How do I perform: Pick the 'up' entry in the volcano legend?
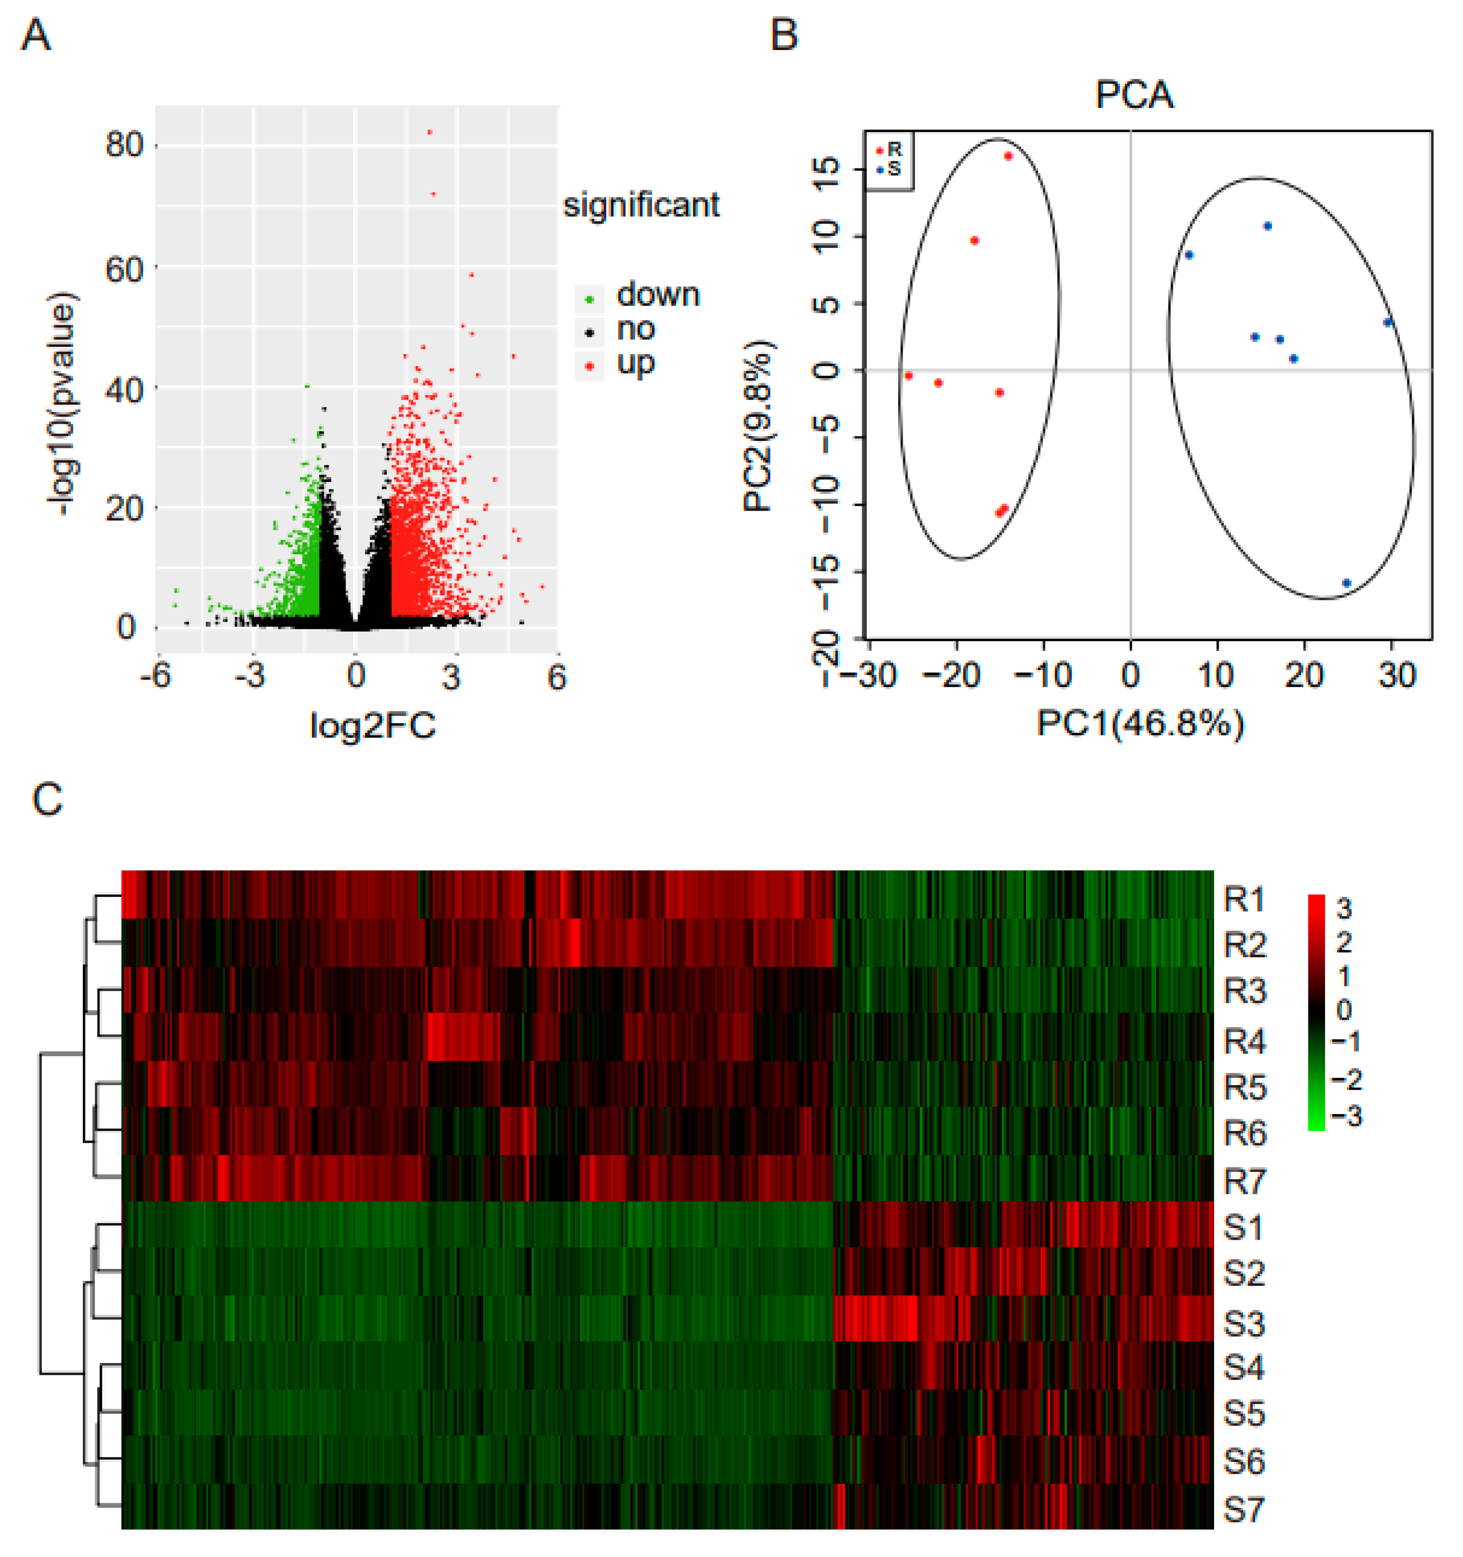coord(634,363)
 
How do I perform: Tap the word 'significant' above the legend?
coord(641,205)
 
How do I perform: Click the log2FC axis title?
coord(373,725)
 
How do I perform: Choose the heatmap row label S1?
coord(1244,1227)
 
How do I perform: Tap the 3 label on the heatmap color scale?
coord(1344,908)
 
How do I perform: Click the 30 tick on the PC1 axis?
coord(1397,675)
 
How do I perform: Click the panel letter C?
coord(47,801)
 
